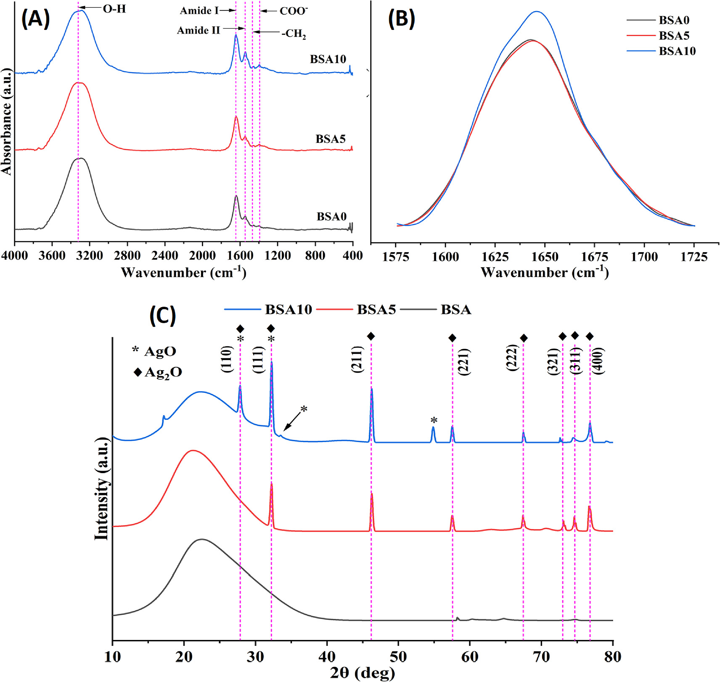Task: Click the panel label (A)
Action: [x=36, y=19]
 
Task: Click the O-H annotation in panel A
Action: [x=114, y=8]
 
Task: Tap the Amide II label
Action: [x=198, y=30]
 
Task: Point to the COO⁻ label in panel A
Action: [x=294, y=11]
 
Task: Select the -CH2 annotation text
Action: [x=294, y=33]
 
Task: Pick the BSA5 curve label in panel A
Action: [x=330, y=139]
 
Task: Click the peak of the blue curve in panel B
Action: [x=537, y=12]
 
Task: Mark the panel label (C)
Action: [x=162, y=315]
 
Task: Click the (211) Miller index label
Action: [x=357, y=359]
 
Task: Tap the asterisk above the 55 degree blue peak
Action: [x=434, y=420]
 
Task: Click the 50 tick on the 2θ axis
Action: [x=398, y=656]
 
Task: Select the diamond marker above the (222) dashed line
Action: [x=524, y=338]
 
